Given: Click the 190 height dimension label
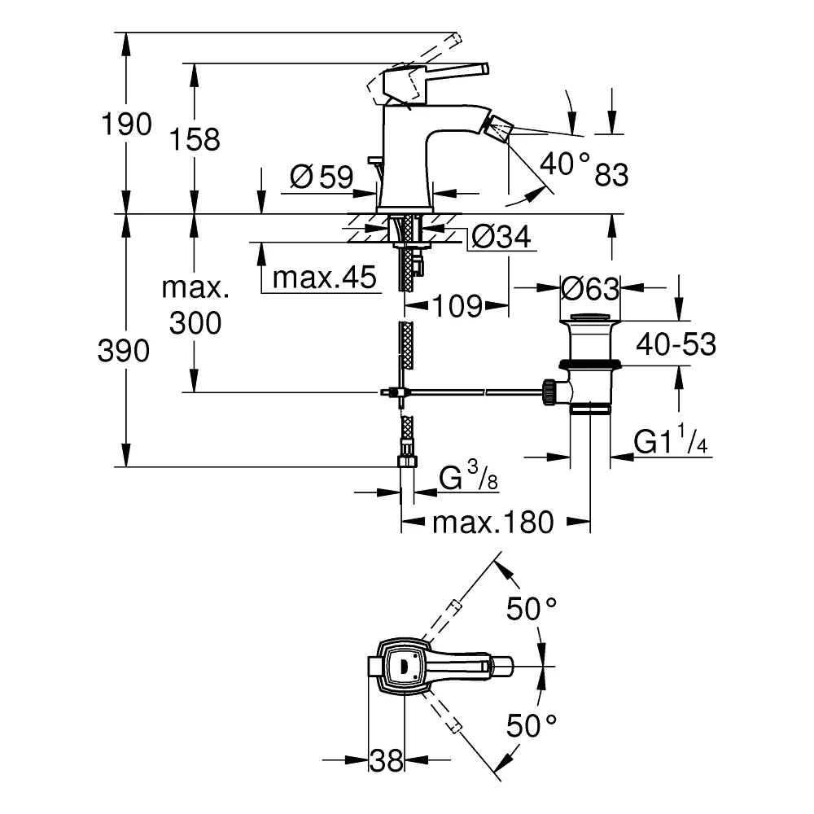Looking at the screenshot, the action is pyautogui.click(x=126, y=125).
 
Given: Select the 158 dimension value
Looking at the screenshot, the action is pyautogui.click(x=195, y=140).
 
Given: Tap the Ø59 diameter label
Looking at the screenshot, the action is pyautogui.click(x=322, y=177).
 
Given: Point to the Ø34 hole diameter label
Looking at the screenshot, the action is pyautogui.click(x=501, y=237).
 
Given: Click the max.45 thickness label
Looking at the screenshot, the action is pyautogui.click(x=325, y=278).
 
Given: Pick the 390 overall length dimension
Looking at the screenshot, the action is pyautogui.click(x=124, y=351).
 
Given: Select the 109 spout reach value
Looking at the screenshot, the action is pyautogui.click(x=457, y=306).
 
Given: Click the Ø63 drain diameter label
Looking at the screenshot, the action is pyautogui.click(x=590, y=289).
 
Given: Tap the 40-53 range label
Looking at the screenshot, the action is pyautogui.click(x=676, y=344).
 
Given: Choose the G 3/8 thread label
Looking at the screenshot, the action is pyautogui.click(x=468, y=476).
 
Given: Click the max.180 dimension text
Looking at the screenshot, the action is pyautogui.click(x=493, y=523).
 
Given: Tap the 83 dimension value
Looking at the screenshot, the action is pyautogui.click(x=611, y=174).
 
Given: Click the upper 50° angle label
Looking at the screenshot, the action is pyautogui.click(x=532, y=608).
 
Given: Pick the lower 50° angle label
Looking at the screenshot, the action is pyautogui.click(x=532, y=725).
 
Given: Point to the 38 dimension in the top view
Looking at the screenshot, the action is pyautogui.click(x=386, y=761).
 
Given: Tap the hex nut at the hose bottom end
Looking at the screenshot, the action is pyautogui.click(x=408, y=461).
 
